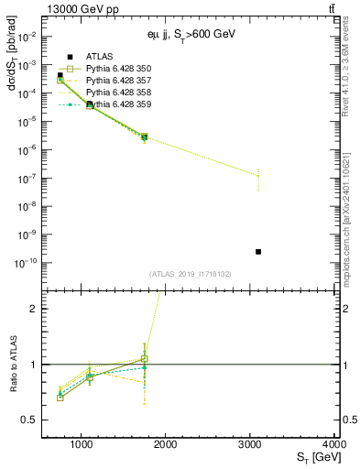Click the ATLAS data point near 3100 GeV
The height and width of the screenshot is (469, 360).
258,251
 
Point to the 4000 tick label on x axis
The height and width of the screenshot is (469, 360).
333,444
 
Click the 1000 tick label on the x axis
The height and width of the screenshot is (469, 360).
82,444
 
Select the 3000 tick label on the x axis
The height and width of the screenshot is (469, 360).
250,444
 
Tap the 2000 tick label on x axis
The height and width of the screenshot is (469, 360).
166,444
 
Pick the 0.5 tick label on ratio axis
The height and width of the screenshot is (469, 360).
29,420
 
